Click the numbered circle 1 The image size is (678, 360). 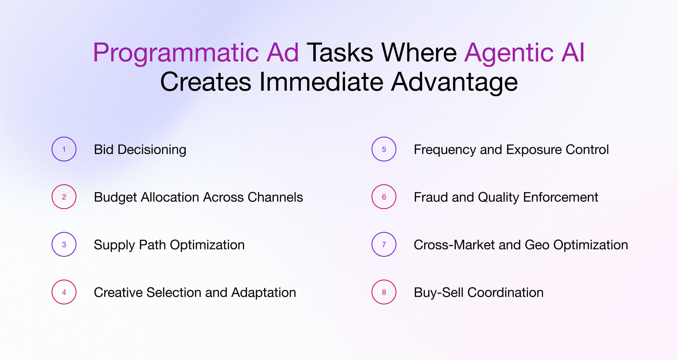coord(64,149)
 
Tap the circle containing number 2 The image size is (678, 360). coord(64,197)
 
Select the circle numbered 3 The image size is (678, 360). coord(64,244)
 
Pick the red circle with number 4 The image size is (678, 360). coord(64,292)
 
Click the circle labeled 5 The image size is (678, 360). coord(384,149)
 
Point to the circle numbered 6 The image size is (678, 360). coord(384,197)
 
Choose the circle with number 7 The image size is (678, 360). coord(384,244)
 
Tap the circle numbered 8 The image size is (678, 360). coord(384,292)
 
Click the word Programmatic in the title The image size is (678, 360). coord(176,53)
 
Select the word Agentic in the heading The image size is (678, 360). coord(509,53)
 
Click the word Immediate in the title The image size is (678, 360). coord(321,82)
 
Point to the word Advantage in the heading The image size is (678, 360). coord(454,82)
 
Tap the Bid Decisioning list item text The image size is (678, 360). coord(140,150)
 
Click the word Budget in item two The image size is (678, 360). coord(115,197)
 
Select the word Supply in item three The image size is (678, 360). coord(114,245)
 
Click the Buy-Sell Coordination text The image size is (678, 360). coord(478,293)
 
